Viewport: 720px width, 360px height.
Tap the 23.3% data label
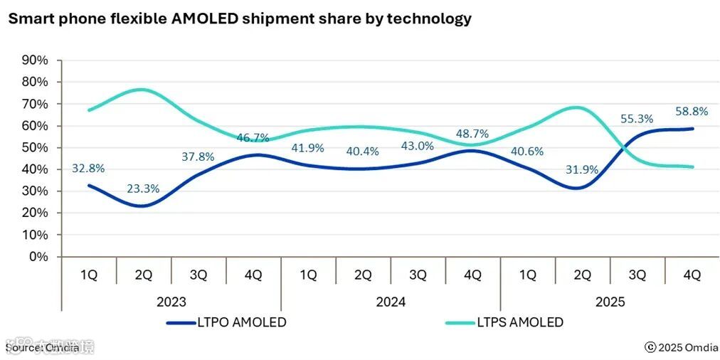[x=143, y=189]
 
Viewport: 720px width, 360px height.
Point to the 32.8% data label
[x=88, y=169]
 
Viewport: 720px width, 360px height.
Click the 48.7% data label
[x=472, y=133]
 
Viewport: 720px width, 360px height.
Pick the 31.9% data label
[x=581, y=169]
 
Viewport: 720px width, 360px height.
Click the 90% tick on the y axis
[x=36, y=60]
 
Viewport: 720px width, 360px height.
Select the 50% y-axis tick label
[x=36, y=148]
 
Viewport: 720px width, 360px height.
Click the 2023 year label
[x=171, y=302]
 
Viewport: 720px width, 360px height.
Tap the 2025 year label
[x=609, y=302]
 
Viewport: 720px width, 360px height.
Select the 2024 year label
[x=390, y=302]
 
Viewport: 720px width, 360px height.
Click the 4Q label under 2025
[x=692, y=275]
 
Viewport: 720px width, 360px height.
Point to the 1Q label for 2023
[x=88, y=275]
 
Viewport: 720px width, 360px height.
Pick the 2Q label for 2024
[x=363, y=275]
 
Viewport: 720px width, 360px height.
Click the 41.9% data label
[x=307, y=148]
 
